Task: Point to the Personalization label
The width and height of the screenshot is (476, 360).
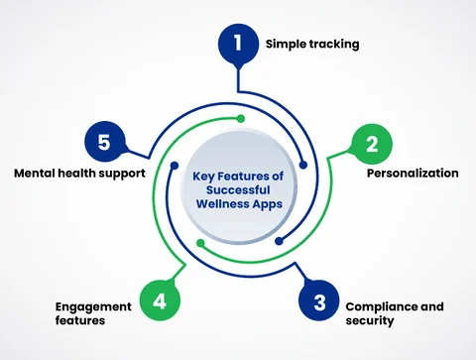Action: (x=413, y=173)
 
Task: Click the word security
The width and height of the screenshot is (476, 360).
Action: (x=369, y=321)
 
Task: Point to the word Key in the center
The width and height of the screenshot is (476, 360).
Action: (x=203, y=176)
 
